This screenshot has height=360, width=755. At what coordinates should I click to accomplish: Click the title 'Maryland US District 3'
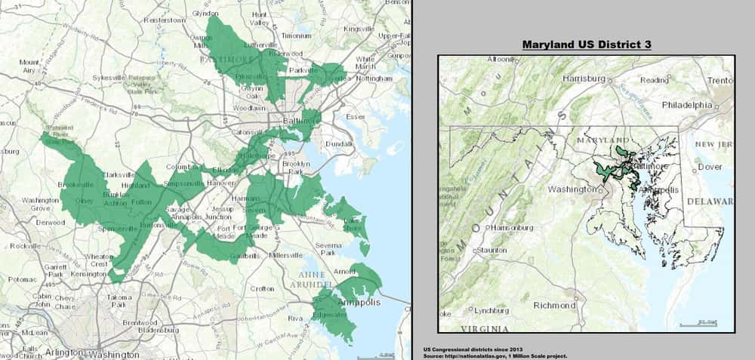pos(587,45)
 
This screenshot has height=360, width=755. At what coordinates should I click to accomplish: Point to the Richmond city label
pos(555,306)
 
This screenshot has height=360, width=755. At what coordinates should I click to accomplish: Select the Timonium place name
pos(297,35)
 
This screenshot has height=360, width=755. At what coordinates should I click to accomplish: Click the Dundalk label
pos(342,143)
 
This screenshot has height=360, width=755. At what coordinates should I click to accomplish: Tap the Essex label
pos(355,117)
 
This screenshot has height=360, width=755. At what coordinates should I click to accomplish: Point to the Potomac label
pos(17,278)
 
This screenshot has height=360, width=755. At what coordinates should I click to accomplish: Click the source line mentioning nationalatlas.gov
pos(495,355)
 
